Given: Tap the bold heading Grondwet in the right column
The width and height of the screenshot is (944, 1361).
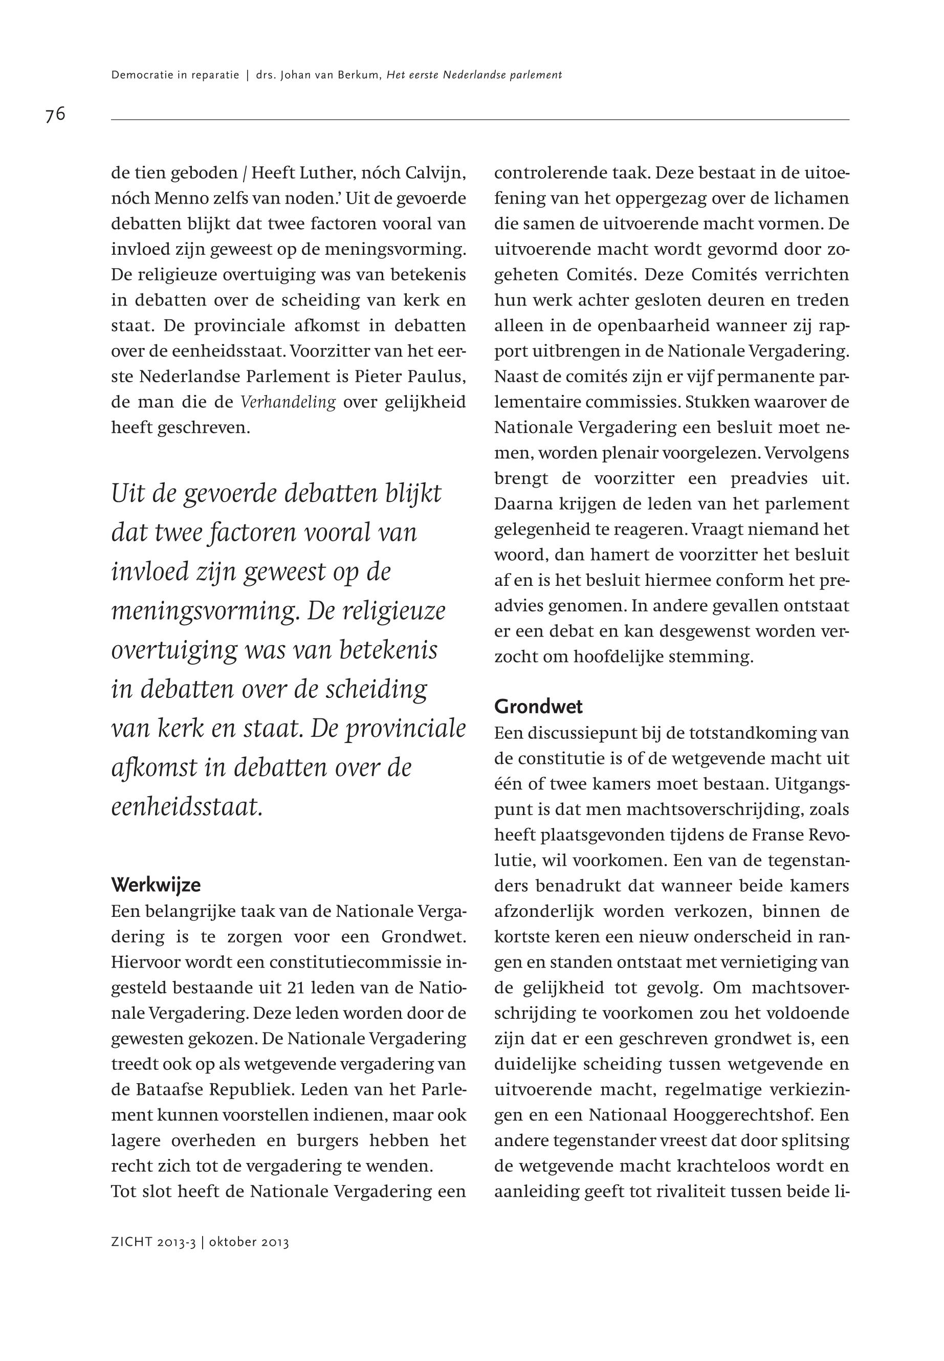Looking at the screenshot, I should click(538, 706).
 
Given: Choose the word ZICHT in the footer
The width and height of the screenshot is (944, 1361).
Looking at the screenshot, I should click(133, 1242).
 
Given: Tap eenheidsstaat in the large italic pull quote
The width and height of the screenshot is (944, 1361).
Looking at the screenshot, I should click(187, 807).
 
